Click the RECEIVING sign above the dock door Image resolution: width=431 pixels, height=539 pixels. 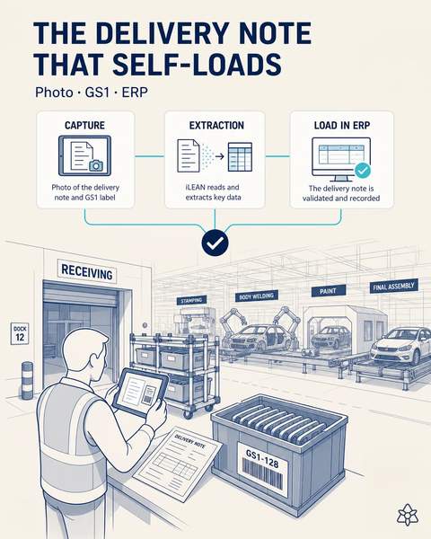coord(87,271)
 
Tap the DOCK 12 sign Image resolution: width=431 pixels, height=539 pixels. coord(20,333)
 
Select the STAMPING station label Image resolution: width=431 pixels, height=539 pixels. coord(192,300)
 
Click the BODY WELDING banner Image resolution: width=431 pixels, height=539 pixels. coord(257,296)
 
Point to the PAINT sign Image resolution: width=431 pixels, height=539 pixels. coord(328,291)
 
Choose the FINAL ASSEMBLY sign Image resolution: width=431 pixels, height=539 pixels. coord(394,286)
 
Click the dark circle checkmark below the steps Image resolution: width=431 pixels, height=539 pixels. coord(215,243)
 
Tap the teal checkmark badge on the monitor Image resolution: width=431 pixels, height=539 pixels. coord(362,170)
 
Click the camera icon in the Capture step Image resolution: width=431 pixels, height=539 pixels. coord(96,165)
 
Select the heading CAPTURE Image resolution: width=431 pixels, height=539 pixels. coord(85,125)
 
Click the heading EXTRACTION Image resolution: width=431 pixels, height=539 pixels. coord(216,125)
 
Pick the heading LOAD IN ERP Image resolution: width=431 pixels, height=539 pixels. coord(342,126)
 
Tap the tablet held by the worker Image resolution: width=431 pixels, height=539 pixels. coord(141,393)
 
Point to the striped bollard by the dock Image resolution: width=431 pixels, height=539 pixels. coord(27,381)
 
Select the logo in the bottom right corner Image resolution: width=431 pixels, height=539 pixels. coord(408,515)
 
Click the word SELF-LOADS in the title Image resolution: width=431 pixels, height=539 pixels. coord(197,64)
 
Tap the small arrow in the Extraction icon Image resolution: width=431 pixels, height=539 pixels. coord(220,156)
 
